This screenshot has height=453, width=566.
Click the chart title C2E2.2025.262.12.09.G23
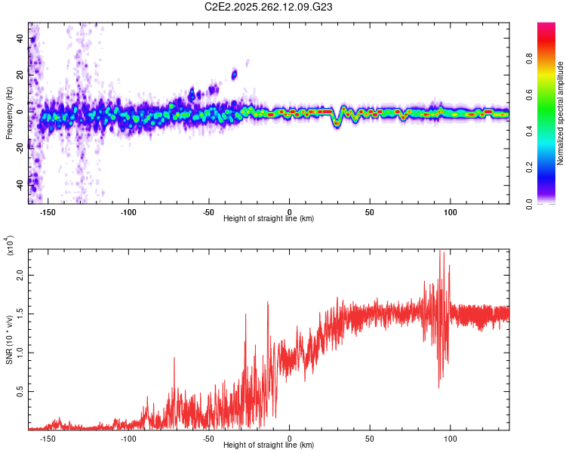click(269, 7)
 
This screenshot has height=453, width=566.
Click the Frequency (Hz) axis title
click(9, 113)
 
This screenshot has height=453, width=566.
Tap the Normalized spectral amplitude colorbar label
click(561, 113)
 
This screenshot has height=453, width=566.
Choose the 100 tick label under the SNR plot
click(451, 438)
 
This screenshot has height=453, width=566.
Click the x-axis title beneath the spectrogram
click(269, 219)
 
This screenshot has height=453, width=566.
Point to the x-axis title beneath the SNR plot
click(269, 445)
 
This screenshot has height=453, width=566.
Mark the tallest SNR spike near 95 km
click(441, 252)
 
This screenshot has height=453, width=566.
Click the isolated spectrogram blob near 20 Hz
click(234, 74)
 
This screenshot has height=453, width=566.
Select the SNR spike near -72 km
click(174, 359)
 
